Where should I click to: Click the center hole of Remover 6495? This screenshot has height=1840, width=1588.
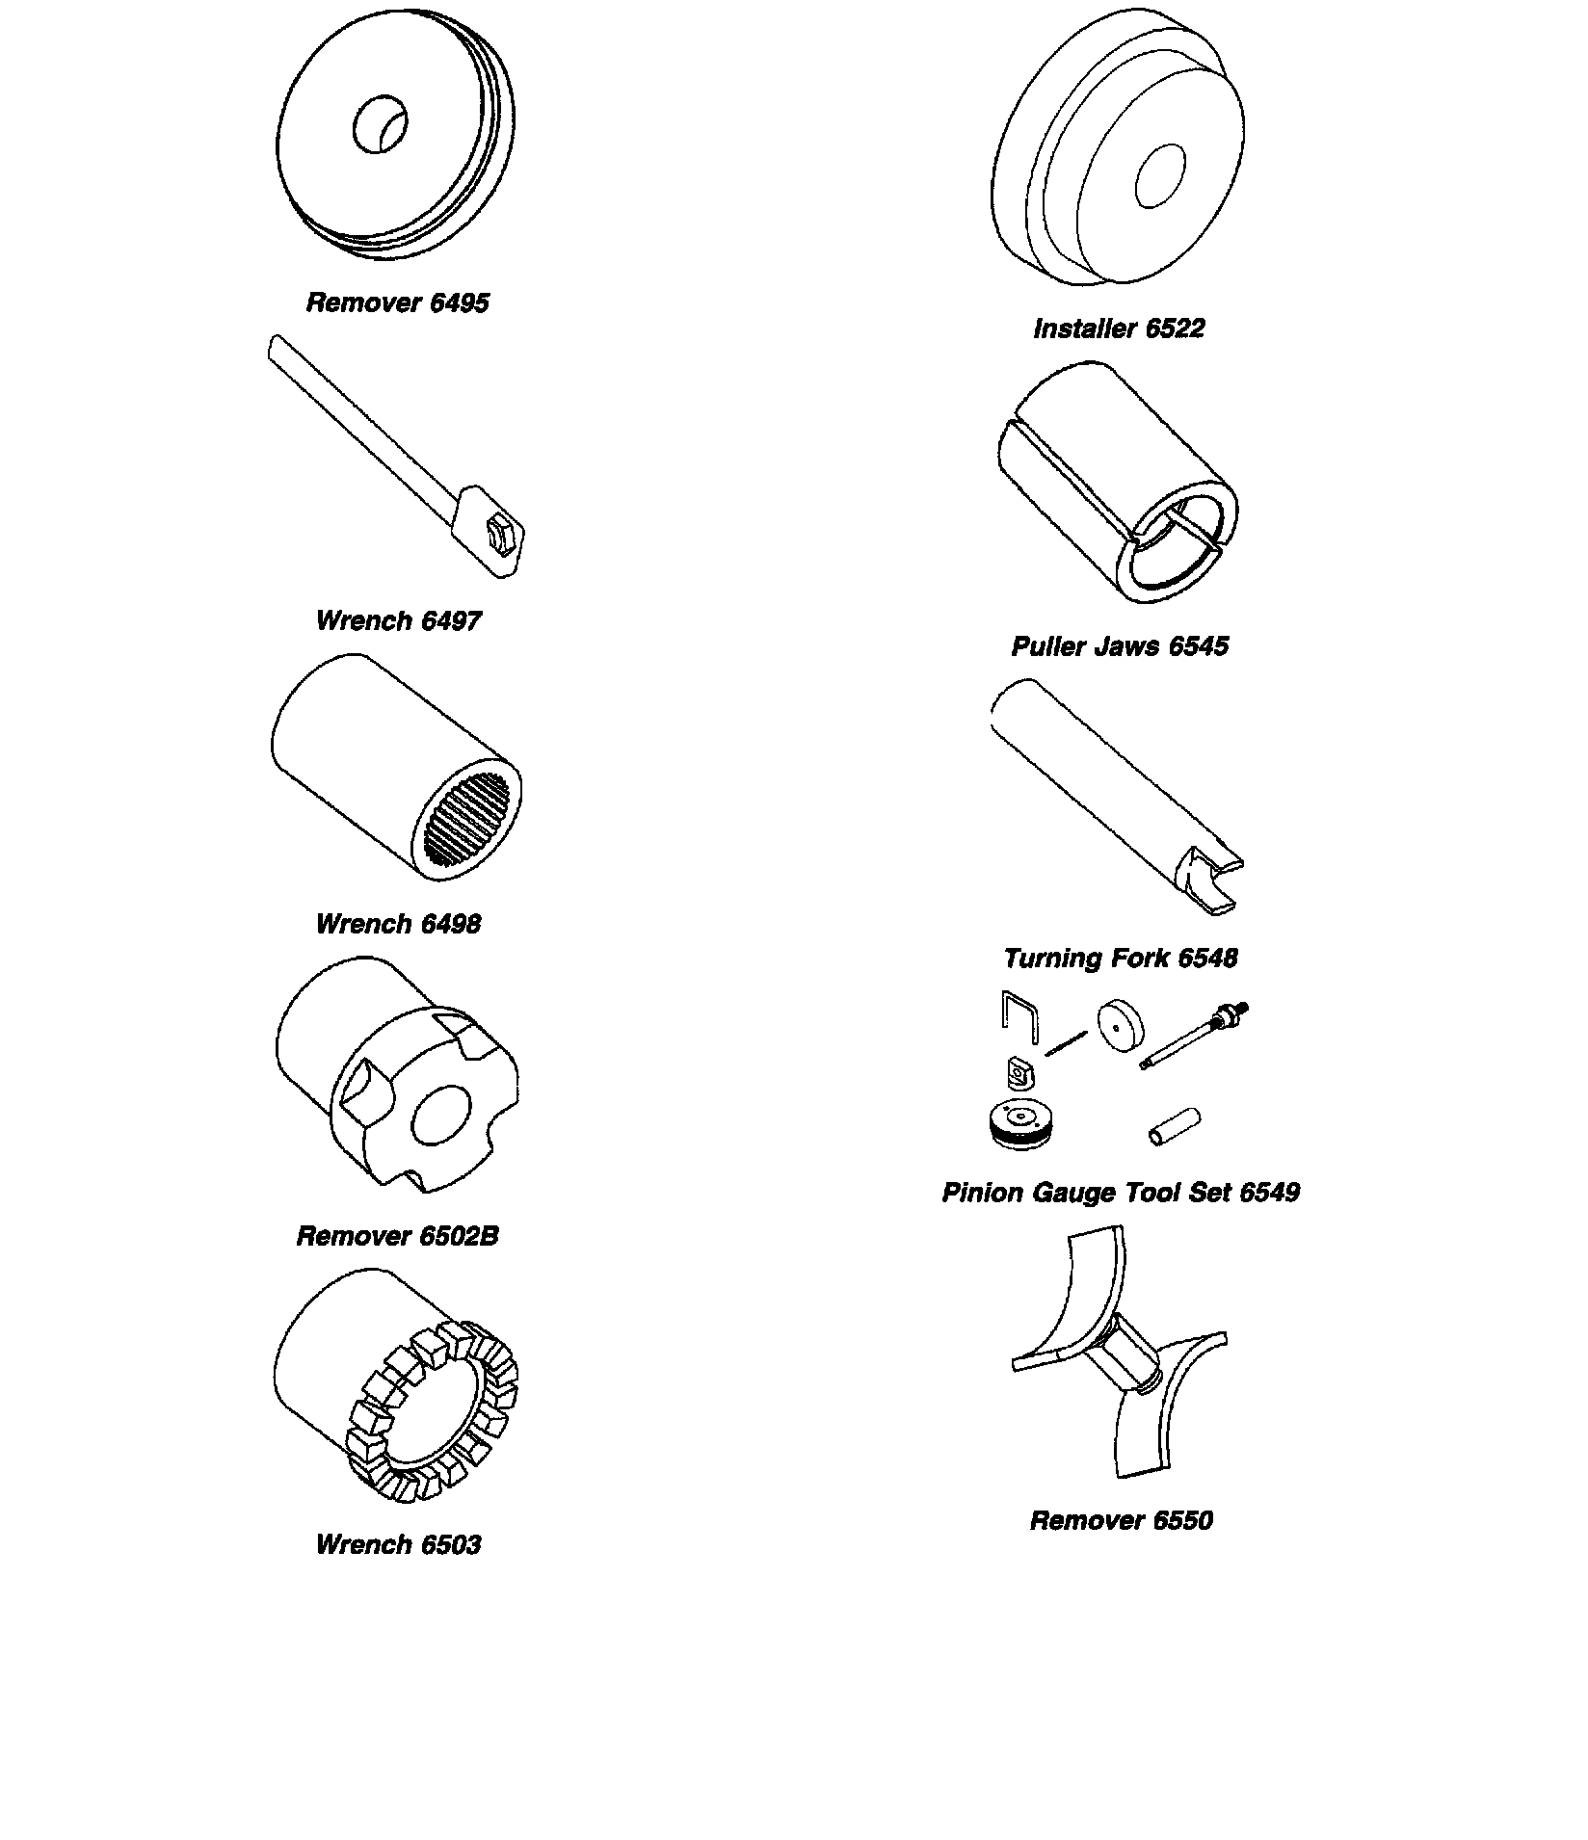pyautogui.click(x=381, y=124)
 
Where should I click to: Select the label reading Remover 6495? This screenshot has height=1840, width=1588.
pyautogui.click(x=397, y=302)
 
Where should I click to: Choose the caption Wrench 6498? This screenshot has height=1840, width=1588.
pyautogui.click(x=397, y=924)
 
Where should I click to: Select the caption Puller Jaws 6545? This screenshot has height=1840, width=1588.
pyautogui.click(x=1120, y=645)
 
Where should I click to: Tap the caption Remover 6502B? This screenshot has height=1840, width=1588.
pyautogui.click(x=397, y=1236)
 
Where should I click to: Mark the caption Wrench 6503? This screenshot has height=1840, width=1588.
pyautogui.click(x=397, y=1544)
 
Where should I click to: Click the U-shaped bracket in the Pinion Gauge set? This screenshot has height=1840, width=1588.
pyautogui.click(x=1019, y=1016)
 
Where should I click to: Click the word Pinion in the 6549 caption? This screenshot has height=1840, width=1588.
pyautogui.click(x=983, y=1193)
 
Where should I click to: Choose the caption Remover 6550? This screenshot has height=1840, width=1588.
pyautogui.click(x=1121, y=1520)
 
